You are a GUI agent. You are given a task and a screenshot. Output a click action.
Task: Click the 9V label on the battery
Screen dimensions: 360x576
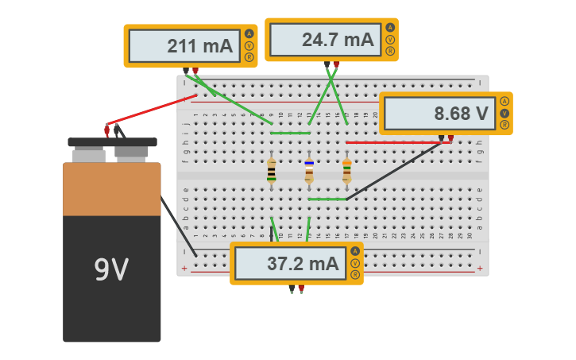click(111, 270)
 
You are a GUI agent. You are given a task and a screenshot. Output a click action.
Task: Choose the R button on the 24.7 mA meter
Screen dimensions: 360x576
click(390, 51)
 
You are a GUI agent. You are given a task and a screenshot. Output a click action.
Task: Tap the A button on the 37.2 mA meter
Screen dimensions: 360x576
click(355, 251)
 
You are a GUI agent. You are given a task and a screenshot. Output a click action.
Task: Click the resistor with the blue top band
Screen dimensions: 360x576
click(309, 171)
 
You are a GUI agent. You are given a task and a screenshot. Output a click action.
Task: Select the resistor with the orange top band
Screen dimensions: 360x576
click(347, 171)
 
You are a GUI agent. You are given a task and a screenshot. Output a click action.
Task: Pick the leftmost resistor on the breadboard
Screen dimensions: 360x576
click(272, 171)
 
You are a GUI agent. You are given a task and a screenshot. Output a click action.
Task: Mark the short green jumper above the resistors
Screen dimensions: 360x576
click(290, 133)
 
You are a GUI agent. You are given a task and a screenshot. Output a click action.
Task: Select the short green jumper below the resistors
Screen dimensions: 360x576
click(327, 199)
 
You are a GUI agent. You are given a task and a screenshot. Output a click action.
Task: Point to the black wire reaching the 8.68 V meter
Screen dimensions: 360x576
click(393, 171)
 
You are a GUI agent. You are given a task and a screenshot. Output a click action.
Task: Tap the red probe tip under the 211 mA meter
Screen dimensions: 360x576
click(195, 72)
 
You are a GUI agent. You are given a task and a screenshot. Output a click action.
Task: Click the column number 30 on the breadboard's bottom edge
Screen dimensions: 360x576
click(470, 236)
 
